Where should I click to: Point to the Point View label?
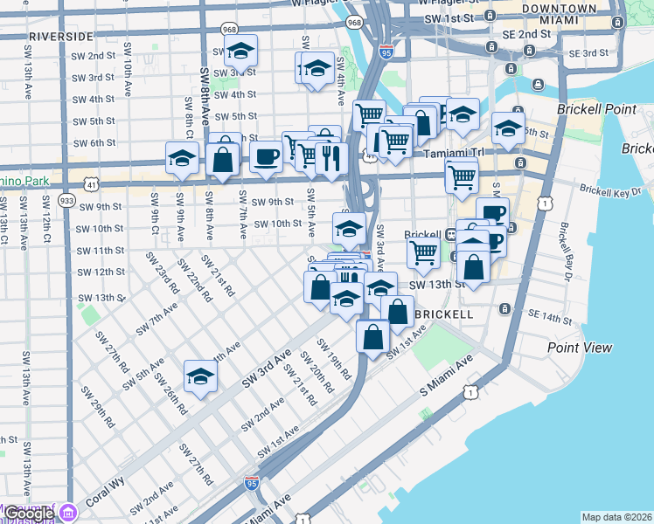pyautogui.click(x=580, y=348)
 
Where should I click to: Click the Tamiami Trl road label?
pyautogui.click(x=454, y=153)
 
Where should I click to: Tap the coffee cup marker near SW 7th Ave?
pyautogui.click(x=266, y=157)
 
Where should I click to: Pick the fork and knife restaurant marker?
pyautogui.click(x=331, y=158)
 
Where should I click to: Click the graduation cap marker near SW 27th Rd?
pyautogui.click(x=200, y=377)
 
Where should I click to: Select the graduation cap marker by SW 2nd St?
pyautogui.click(x=240, y=51)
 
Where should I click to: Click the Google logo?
pyautogui.click(x=29, y=514)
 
